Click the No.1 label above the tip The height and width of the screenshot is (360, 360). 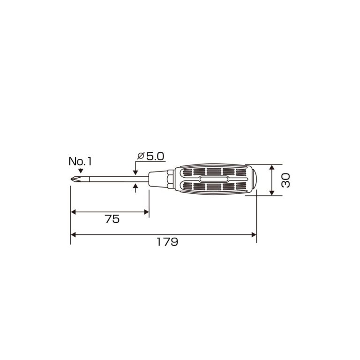80,161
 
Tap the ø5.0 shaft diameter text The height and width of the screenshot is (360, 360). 150,157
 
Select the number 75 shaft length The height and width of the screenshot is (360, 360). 112,219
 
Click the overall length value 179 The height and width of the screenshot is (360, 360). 167,242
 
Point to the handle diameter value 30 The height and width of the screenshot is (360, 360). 286,180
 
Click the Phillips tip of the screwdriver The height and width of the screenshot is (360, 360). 76,180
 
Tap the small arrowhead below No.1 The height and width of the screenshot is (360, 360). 80,171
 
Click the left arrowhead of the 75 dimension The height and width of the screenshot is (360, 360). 73,212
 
